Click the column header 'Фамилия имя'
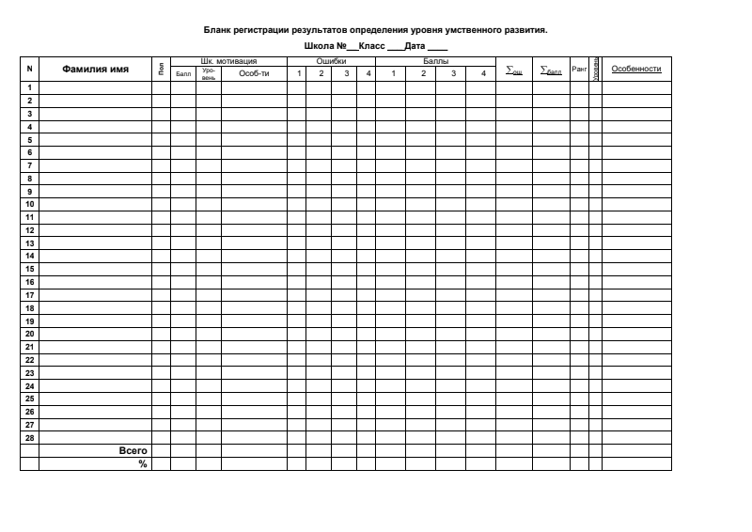click(95, 69)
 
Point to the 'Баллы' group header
click(436, 60)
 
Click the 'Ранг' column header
click(579, 69)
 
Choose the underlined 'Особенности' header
click(636, 69)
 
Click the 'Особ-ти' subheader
click(253, 73)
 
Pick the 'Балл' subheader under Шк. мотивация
click(183, 73)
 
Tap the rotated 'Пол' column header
click(161, 69)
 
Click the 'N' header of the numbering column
click(29, 69)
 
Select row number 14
click(30, 256)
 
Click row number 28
click(30, 437)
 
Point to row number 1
click(30, 87)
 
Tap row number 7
click(30, 165)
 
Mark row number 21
click(30, 346)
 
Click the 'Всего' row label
click(133, 450)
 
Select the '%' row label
click(143, 463)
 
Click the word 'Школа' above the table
click(321, 46)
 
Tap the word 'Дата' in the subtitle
click(415, 46)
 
